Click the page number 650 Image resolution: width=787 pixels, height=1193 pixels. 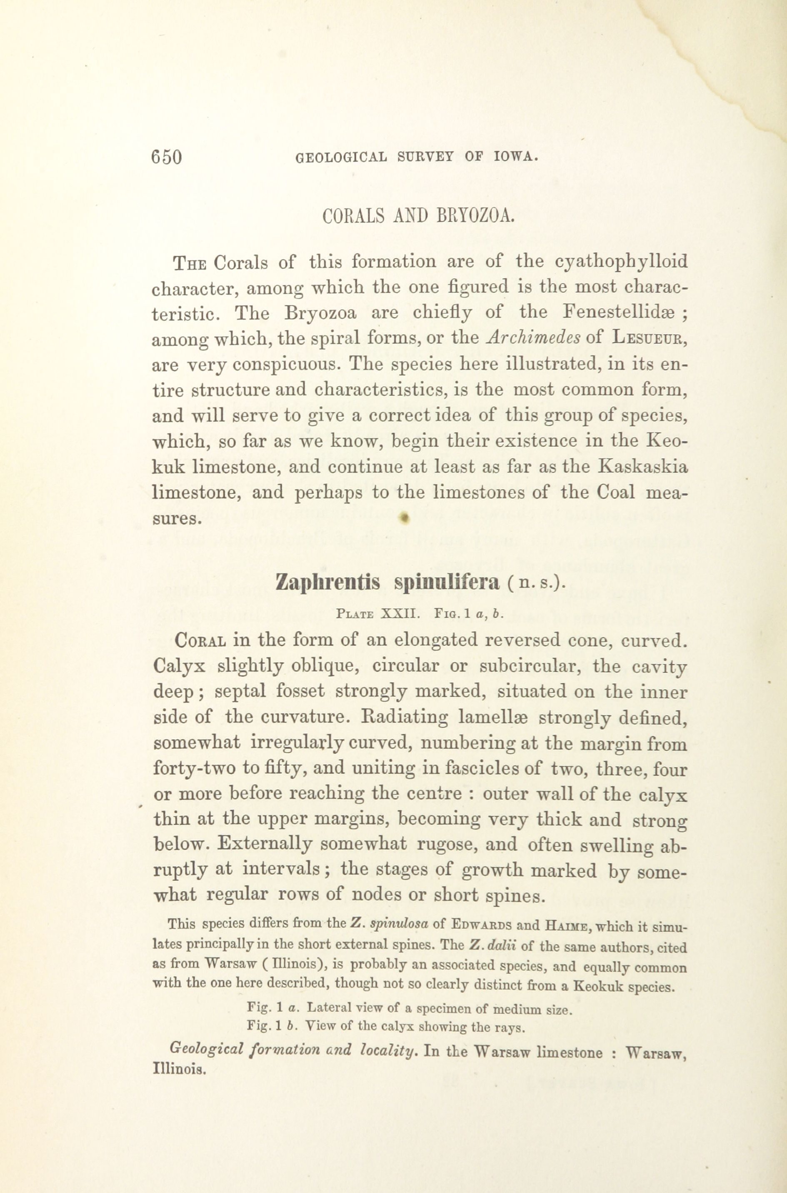166,157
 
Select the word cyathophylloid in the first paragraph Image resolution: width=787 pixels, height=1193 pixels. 621,262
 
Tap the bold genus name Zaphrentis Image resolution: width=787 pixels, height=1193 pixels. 328,582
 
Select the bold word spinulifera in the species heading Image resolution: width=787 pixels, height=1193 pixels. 447,582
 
